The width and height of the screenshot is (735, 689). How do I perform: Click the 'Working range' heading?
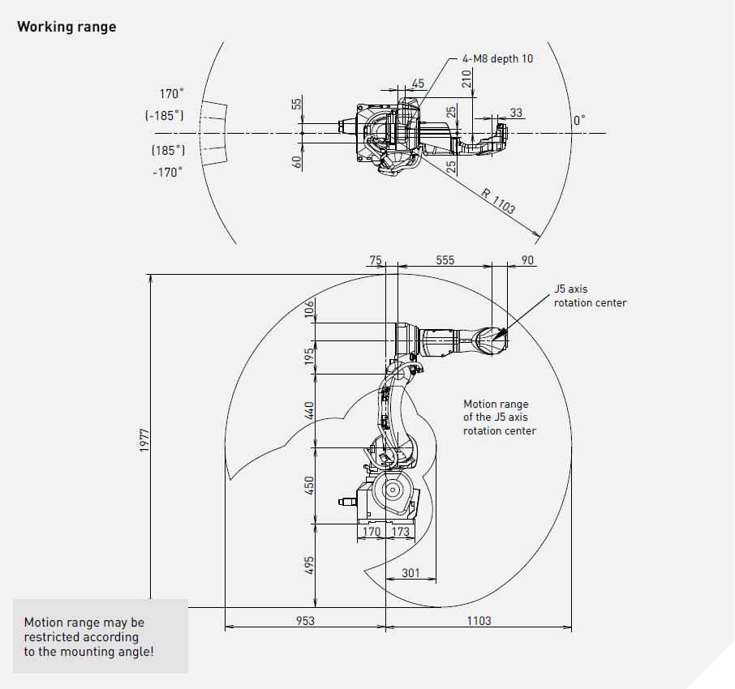click(67, 27)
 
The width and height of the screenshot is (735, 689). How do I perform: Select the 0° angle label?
click(579, 120)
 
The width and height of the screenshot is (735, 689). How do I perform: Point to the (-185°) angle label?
click(165, 115)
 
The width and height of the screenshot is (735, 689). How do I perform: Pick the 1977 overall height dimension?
click(144, 441)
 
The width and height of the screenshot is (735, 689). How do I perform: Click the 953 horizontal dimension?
click(305, 620)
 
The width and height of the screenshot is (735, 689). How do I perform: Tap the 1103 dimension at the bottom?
click(479, 620)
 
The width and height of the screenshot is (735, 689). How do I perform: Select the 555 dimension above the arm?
click(445, 260)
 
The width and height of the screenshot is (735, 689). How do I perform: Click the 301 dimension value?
click(411, 573)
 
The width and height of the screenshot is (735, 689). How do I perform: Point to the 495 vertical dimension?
click(309, 566)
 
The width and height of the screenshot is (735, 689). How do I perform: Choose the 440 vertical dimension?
click(309, 410)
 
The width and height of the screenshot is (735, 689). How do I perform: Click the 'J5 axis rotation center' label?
click(590, 296)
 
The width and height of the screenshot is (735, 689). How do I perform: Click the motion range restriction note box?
click(100, 636)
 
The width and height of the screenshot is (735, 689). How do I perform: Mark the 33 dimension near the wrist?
click(516, 113)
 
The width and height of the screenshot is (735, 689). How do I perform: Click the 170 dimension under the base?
click(371, 533)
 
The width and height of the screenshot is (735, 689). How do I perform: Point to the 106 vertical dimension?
click(309, 309)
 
